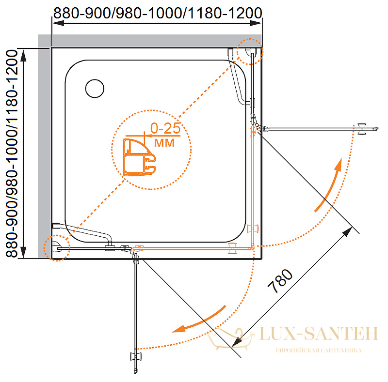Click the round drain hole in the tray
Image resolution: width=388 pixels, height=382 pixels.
coord(95,89)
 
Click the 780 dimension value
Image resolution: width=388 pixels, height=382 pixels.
coord(280,281)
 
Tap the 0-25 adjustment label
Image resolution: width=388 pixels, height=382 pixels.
coord(165,128)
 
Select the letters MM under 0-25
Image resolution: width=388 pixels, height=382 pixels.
coord(164,143)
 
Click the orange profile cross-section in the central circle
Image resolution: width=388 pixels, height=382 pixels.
coord(139,157)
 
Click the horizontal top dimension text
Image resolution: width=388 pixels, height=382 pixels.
coord(158,13)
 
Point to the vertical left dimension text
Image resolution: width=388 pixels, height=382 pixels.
coord(12,153)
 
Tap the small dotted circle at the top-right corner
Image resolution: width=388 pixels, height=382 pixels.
coord(250,52)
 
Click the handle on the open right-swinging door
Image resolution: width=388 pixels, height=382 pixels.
coord(362,129)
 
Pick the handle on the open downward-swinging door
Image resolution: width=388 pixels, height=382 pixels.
coord(136,357)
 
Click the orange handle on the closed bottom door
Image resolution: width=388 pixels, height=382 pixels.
coord(232,248)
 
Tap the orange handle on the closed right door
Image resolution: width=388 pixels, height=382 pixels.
coord(253,228)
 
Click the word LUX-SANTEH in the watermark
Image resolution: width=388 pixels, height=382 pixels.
coord(319,334)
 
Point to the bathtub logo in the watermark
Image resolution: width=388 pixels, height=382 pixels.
coord(231,338)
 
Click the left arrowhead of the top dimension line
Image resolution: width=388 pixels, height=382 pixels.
coord(58,23)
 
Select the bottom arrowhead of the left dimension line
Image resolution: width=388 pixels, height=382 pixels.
coord(23,252)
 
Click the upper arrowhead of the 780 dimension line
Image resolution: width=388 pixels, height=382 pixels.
coord(347,232)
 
